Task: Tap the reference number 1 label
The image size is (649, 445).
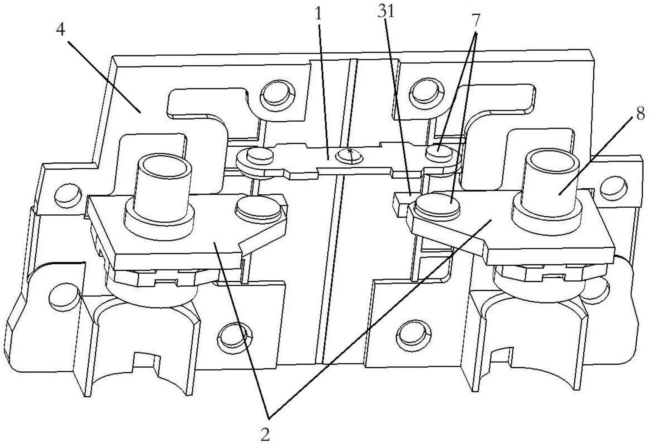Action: click(x=318, y=14)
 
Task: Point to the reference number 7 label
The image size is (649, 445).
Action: click(x=476, y=20)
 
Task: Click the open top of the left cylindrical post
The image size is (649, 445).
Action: click(x=163, y=168)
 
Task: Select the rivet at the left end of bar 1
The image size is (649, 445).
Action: click(x=260, y=155)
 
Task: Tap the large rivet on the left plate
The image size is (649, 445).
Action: click(x=259, y=206)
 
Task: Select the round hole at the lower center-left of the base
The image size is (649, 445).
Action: click(x=235, y=338)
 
